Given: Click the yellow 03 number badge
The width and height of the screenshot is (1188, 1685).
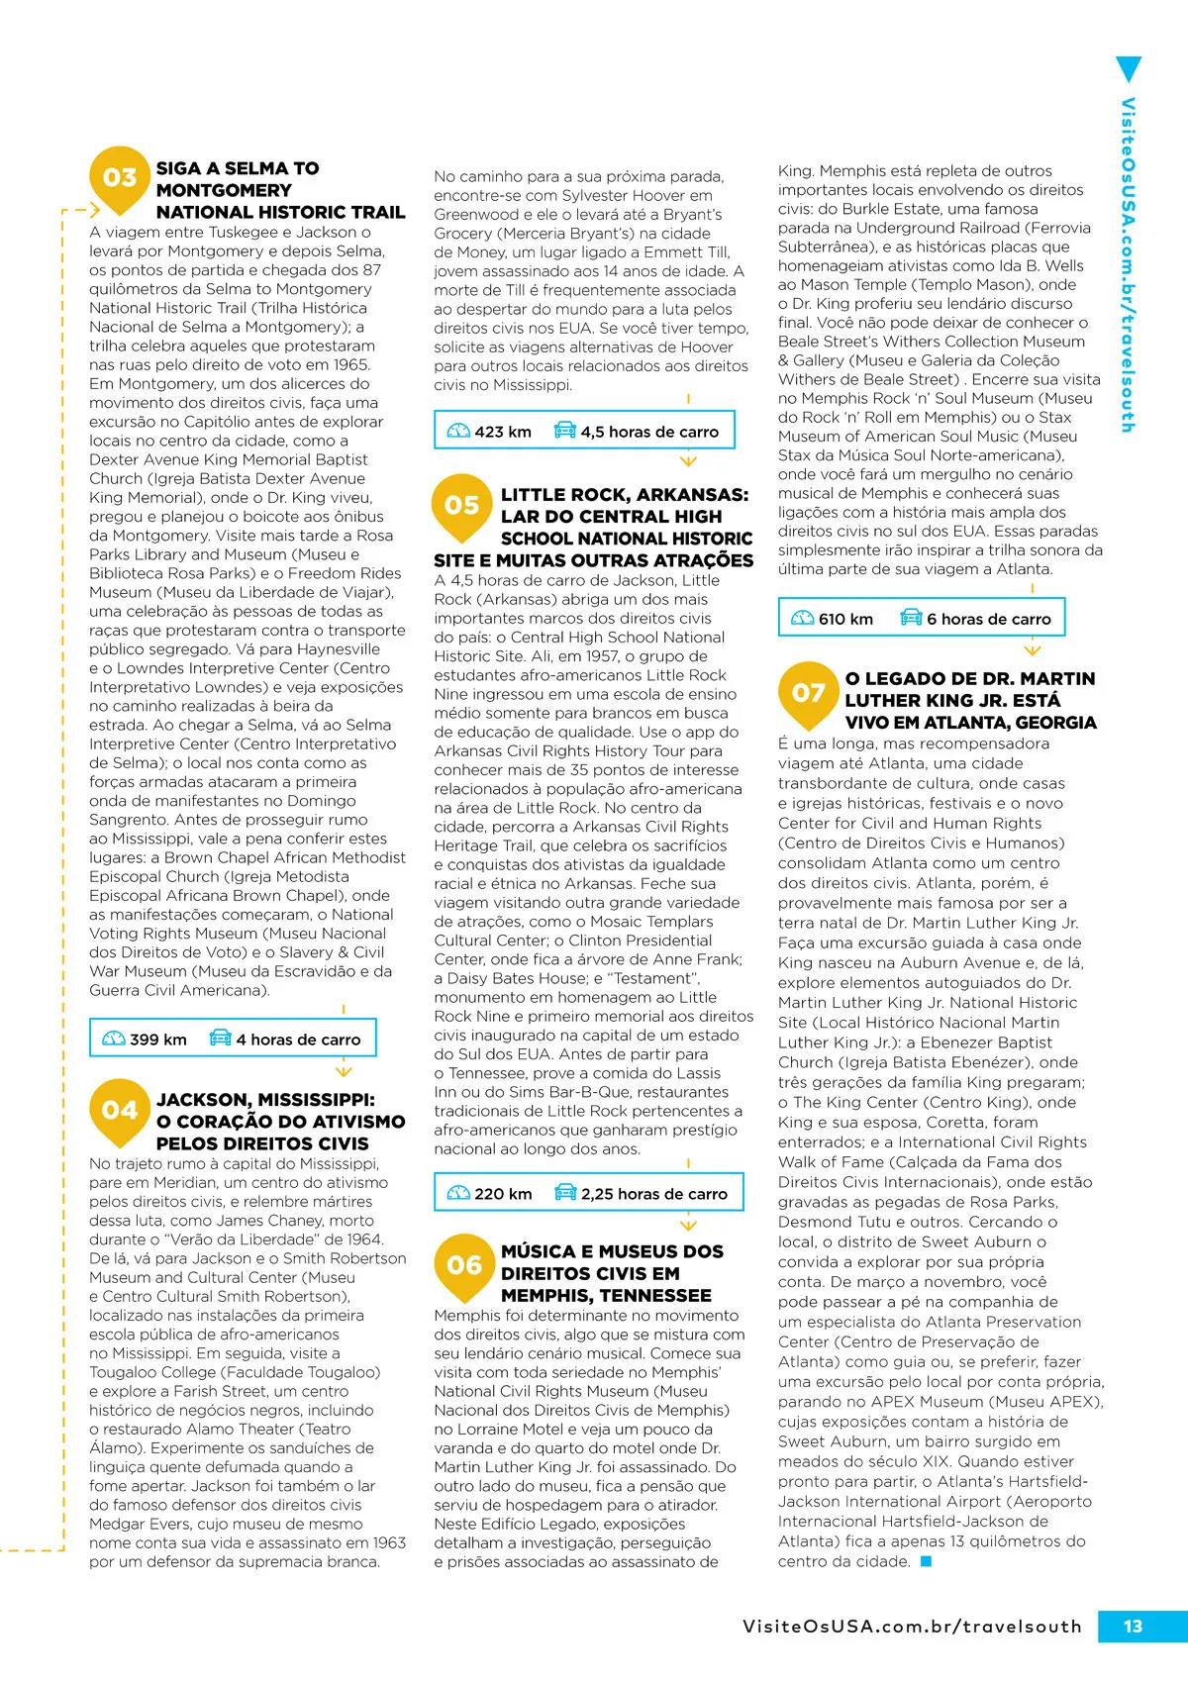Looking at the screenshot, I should point(120,178).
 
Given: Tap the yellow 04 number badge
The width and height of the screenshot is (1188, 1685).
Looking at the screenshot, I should point(120,1111).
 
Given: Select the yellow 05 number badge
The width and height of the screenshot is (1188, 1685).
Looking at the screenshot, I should point(462,506).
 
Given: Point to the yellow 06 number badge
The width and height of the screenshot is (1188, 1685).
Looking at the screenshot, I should point(463,1266).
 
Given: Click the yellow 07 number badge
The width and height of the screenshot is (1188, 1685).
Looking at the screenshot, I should point(808,693).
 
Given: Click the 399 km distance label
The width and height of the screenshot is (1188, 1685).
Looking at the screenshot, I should point(158,1040).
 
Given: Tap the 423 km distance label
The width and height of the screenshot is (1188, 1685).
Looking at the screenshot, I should point(503,432).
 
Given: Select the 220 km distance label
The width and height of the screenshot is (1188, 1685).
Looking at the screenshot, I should point(503,1194).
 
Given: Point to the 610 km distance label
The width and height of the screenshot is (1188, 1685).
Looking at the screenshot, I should point(845,619).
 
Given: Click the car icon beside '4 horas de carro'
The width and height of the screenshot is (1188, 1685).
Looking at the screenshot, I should point(220,1039).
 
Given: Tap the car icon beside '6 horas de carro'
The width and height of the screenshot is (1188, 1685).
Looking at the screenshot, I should point(911,618).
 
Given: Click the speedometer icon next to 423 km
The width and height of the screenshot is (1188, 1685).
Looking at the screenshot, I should point(458,432).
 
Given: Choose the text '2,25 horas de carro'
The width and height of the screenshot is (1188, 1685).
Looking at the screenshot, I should point(653,1194).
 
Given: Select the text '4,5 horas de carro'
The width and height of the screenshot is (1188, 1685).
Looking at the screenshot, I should point(649,432).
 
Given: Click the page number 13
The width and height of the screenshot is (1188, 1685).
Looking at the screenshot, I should point(1133,1626).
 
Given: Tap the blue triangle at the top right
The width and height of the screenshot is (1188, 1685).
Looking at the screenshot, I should point(1128,69).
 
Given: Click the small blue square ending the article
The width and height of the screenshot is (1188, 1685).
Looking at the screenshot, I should point(926,1561).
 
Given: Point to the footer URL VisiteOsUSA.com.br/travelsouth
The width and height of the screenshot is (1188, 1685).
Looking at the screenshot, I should point(912,1627).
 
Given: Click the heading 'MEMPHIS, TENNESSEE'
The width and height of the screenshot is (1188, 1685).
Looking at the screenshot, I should point(606,1295).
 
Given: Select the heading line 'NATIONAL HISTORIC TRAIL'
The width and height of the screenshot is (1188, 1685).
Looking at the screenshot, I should point(280,212).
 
